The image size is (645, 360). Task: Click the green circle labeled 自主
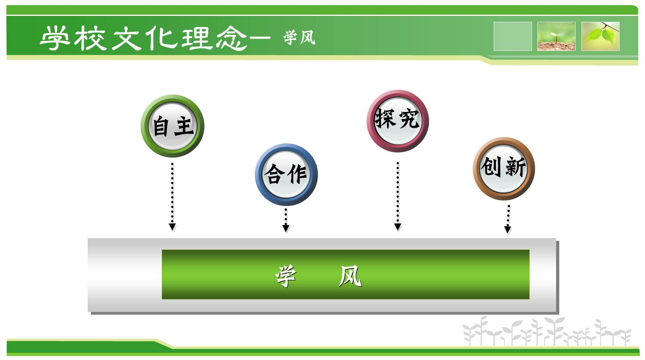173,126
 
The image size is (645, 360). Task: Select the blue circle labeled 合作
286,175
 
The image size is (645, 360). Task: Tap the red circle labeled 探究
398,121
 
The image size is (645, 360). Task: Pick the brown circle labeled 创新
504,168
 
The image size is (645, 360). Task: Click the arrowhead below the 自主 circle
172,227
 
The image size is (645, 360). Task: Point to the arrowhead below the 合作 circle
286,228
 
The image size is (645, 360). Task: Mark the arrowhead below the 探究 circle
398,227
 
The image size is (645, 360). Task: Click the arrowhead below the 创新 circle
508,229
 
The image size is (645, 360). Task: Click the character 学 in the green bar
286,276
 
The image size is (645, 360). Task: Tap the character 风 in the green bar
350,276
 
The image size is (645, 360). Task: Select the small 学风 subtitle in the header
299,37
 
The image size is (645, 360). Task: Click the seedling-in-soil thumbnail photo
556,36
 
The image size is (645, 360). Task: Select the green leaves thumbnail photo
601,36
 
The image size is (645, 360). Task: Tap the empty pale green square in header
512,36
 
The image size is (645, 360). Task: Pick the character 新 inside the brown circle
516,167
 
